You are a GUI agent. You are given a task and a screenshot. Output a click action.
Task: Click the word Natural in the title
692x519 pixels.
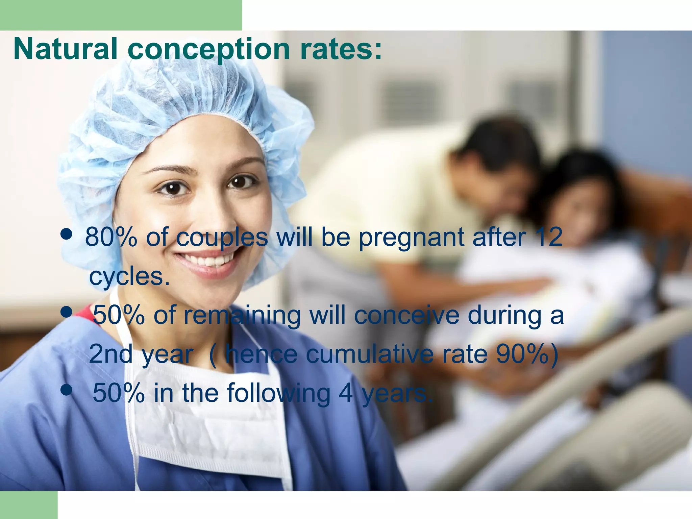(x=65, y=49)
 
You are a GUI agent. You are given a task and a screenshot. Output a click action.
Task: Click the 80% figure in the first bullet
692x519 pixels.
(x=111, y=237)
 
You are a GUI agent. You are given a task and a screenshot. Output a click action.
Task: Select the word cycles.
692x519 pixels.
(x=129, y=277)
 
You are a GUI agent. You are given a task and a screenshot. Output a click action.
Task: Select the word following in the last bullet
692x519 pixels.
(x=279, y=393)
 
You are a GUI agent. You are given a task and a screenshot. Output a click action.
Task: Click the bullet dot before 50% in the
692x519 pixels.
(x=66, y=390)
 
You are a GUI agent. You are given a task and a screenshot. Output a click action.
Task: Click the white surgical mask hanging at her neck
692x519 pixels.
(x=209, y=422)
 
